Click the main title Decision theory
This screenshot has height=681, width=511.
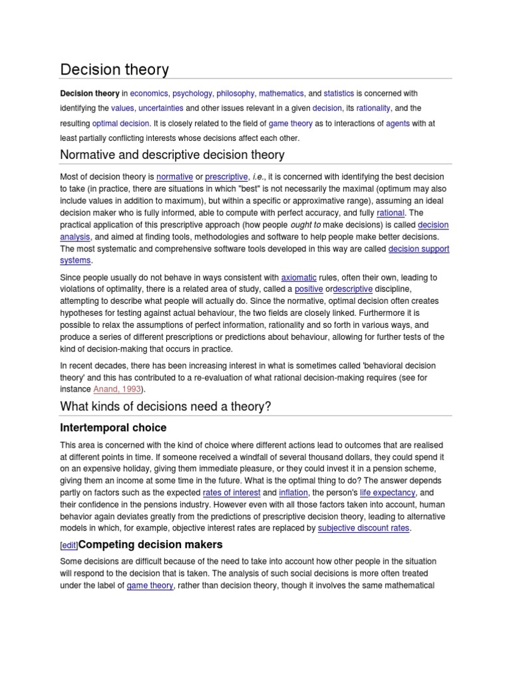click(114, 69)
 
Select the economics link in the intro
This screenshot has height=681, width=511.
click(149, 94)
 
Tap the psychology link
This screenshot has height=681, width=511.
click(194, 94)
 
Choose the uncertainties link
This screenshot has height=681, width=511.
click(160, 108)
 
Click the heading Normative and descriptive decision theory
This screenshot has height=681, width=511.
click(172, 155)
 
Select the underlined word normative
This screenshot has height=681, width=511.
click(174, 177)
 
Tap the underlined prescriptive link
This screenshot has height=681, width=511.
click(227, 177)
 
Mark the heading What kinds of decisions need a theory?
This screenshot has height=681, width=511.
click(166, 406)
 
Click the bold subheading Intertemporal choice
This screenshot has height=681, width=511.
click(113, 428)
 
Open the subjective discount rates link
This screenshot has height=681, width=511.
click(364, 528)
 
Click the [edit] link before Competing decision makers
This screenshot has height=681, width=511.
click(69, 545)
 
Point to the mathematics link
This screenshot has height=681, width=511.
click(281, 94)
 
